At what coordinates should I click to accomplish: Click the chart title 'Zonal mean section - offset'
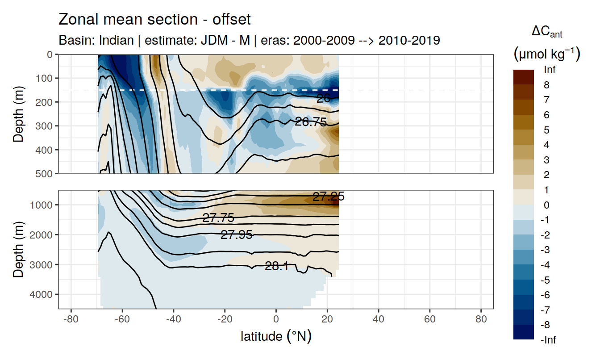coord(154,20)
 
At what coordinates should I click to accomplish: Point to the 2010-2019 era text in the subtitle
coord(409,40)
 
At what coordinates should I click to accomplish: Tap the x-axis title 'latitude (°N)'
coord(276,336)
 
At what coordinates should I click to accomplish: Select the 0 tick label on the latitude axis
coord(276,320)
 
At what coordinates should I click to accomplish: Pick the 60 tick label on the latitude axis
coord(430,320)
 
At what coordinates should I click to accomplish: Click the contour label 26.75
coord(311,121)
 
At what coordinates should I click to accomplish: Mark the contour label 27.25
coord(329,197)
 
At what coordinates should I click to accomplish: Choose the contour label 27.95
coord(237,234)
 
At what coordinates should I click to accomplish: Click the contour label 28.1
coord(276,267)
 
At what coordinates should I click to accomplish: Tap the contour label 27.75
coord(218,218)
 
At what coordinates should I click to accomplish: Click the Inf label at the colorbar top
coord(550,70)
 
